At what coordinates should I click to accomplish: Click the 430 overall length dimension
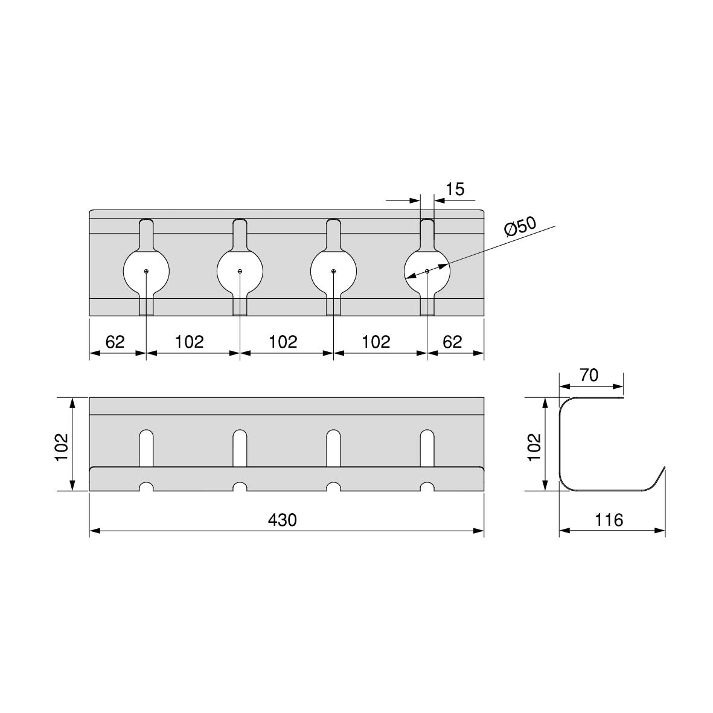click(283, 520)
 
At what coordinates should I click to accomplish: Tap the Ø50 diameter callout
click(521, 226)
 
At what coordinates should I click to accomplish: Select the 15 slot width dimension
click(455, 189)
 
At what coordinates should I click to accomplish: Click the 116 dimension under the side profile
click(609, 520)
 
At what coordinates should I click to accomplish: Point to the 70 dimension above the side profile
click(589, 375)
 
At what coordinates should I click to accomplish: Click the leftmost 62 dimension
click(115, 342)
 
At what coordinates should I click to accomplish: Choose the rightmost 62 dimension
click(452, 342)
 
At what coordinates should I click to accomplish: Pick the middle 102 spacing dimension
click(283, 342)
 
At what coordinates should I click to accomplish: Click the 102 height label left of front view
click(62, 447)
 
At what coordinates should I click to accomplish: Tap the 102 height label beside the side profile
click(534, 447)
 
